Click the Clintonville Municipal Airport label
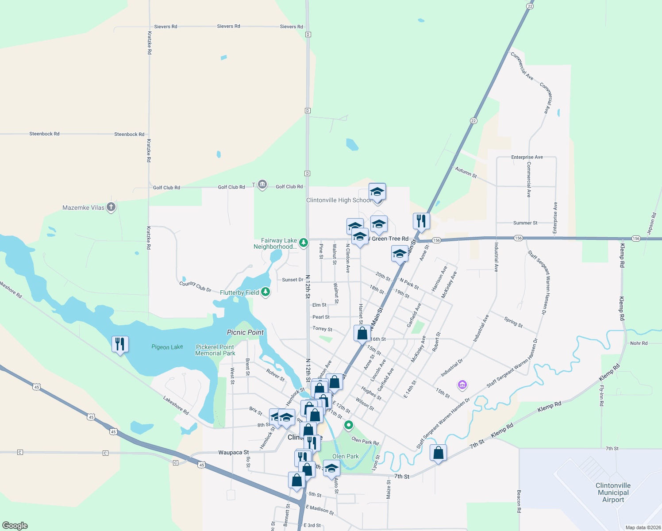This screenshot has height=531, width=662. click(613, 493)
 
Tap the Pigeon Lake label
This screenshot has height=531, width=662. click(167, 347)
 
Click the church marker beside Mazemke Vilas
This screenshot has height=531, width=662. click(111, 207)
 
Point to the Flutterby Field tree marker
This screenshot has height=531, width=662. click(266, 292)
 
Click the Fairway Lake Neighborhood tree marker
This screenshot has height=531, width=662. click(304, 242)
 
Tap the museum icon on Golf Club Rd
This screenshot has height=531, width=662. click(262, 184)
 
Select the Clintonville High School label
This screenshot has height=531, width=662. click(339, 200)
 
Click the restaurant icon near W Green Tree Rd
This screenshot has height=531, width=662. click(421, 220)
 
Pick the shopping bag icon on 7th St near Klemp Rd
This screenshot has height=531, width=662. click(438, 453)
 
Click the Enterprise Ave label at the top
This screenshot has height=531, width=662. click(527, 157)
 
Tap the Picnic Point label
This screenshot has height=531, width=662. click(245, 332)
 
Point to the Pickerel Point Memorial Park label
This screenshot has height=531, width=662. click(215, 350)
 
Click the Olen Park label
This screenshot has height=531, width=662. click(346, 456)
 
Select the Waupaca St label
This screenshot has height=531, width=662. click(233, 452)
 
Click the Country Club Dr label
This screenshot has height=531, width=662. click(195, 286)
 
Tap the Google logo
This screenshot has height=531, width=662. click(15, 526)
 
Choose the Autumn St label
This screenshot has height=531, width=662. click(466, 172)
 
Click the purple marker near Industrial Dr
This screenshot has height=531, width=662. click(462, 385)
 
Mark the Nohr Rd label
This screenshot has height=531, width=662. click(639, 343)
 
